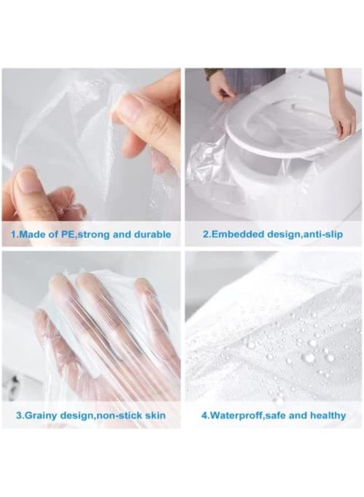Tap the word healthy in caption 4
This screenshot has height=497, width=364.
325,415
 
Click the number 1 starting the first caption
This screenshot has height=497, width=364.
13,235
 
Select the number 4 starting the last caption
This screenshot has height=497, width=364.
204,415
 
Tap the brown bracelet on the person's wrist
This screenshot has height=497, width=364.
213,72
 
